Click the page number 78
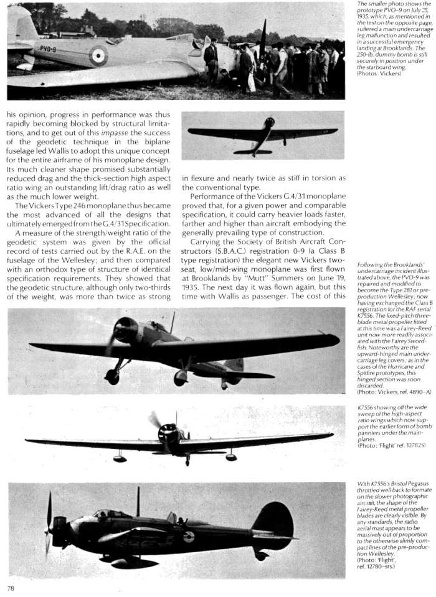(x=11, y=587)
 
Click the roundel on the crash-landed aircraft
(x=98, y=56)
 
